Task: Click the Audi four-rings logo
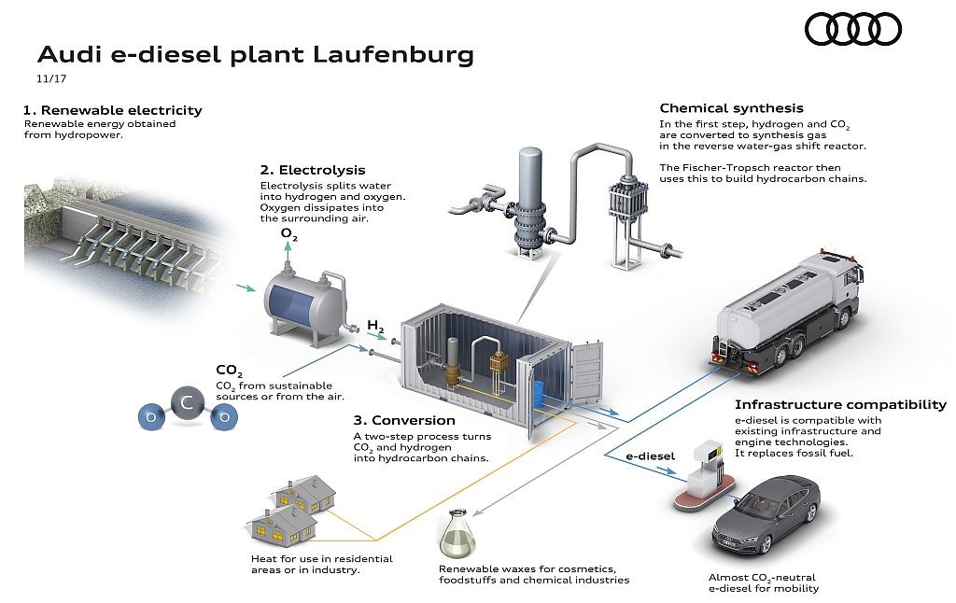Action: coord(853,29)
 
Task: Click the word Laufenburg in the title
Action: coord(394,55)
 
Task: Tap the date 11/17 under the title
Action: coord(51,78)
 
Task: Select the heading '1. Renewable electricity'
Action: coord(113,110)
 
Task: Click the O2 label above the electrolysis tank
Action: coord(289,233)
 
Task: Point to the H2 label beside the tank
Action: coord(375,327)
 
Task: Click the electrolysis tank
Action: coord(306,303)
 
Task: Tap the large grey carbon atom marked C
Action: coord(187,403)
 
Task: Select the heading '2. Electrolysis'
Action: coord(313,170)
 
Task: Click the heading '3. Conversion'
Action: coord(404,420)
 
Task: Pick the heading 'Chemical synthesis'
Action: coord(732,108)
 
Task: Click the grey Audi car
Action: coord(766,512)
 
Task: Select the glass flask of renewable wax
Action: coord(455,533)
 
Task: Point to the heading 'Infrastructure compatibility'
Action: coord(840,405)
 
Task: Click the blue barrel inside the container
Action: coord(539,395)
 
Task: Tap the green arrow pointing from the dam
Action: coord(246,287)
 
